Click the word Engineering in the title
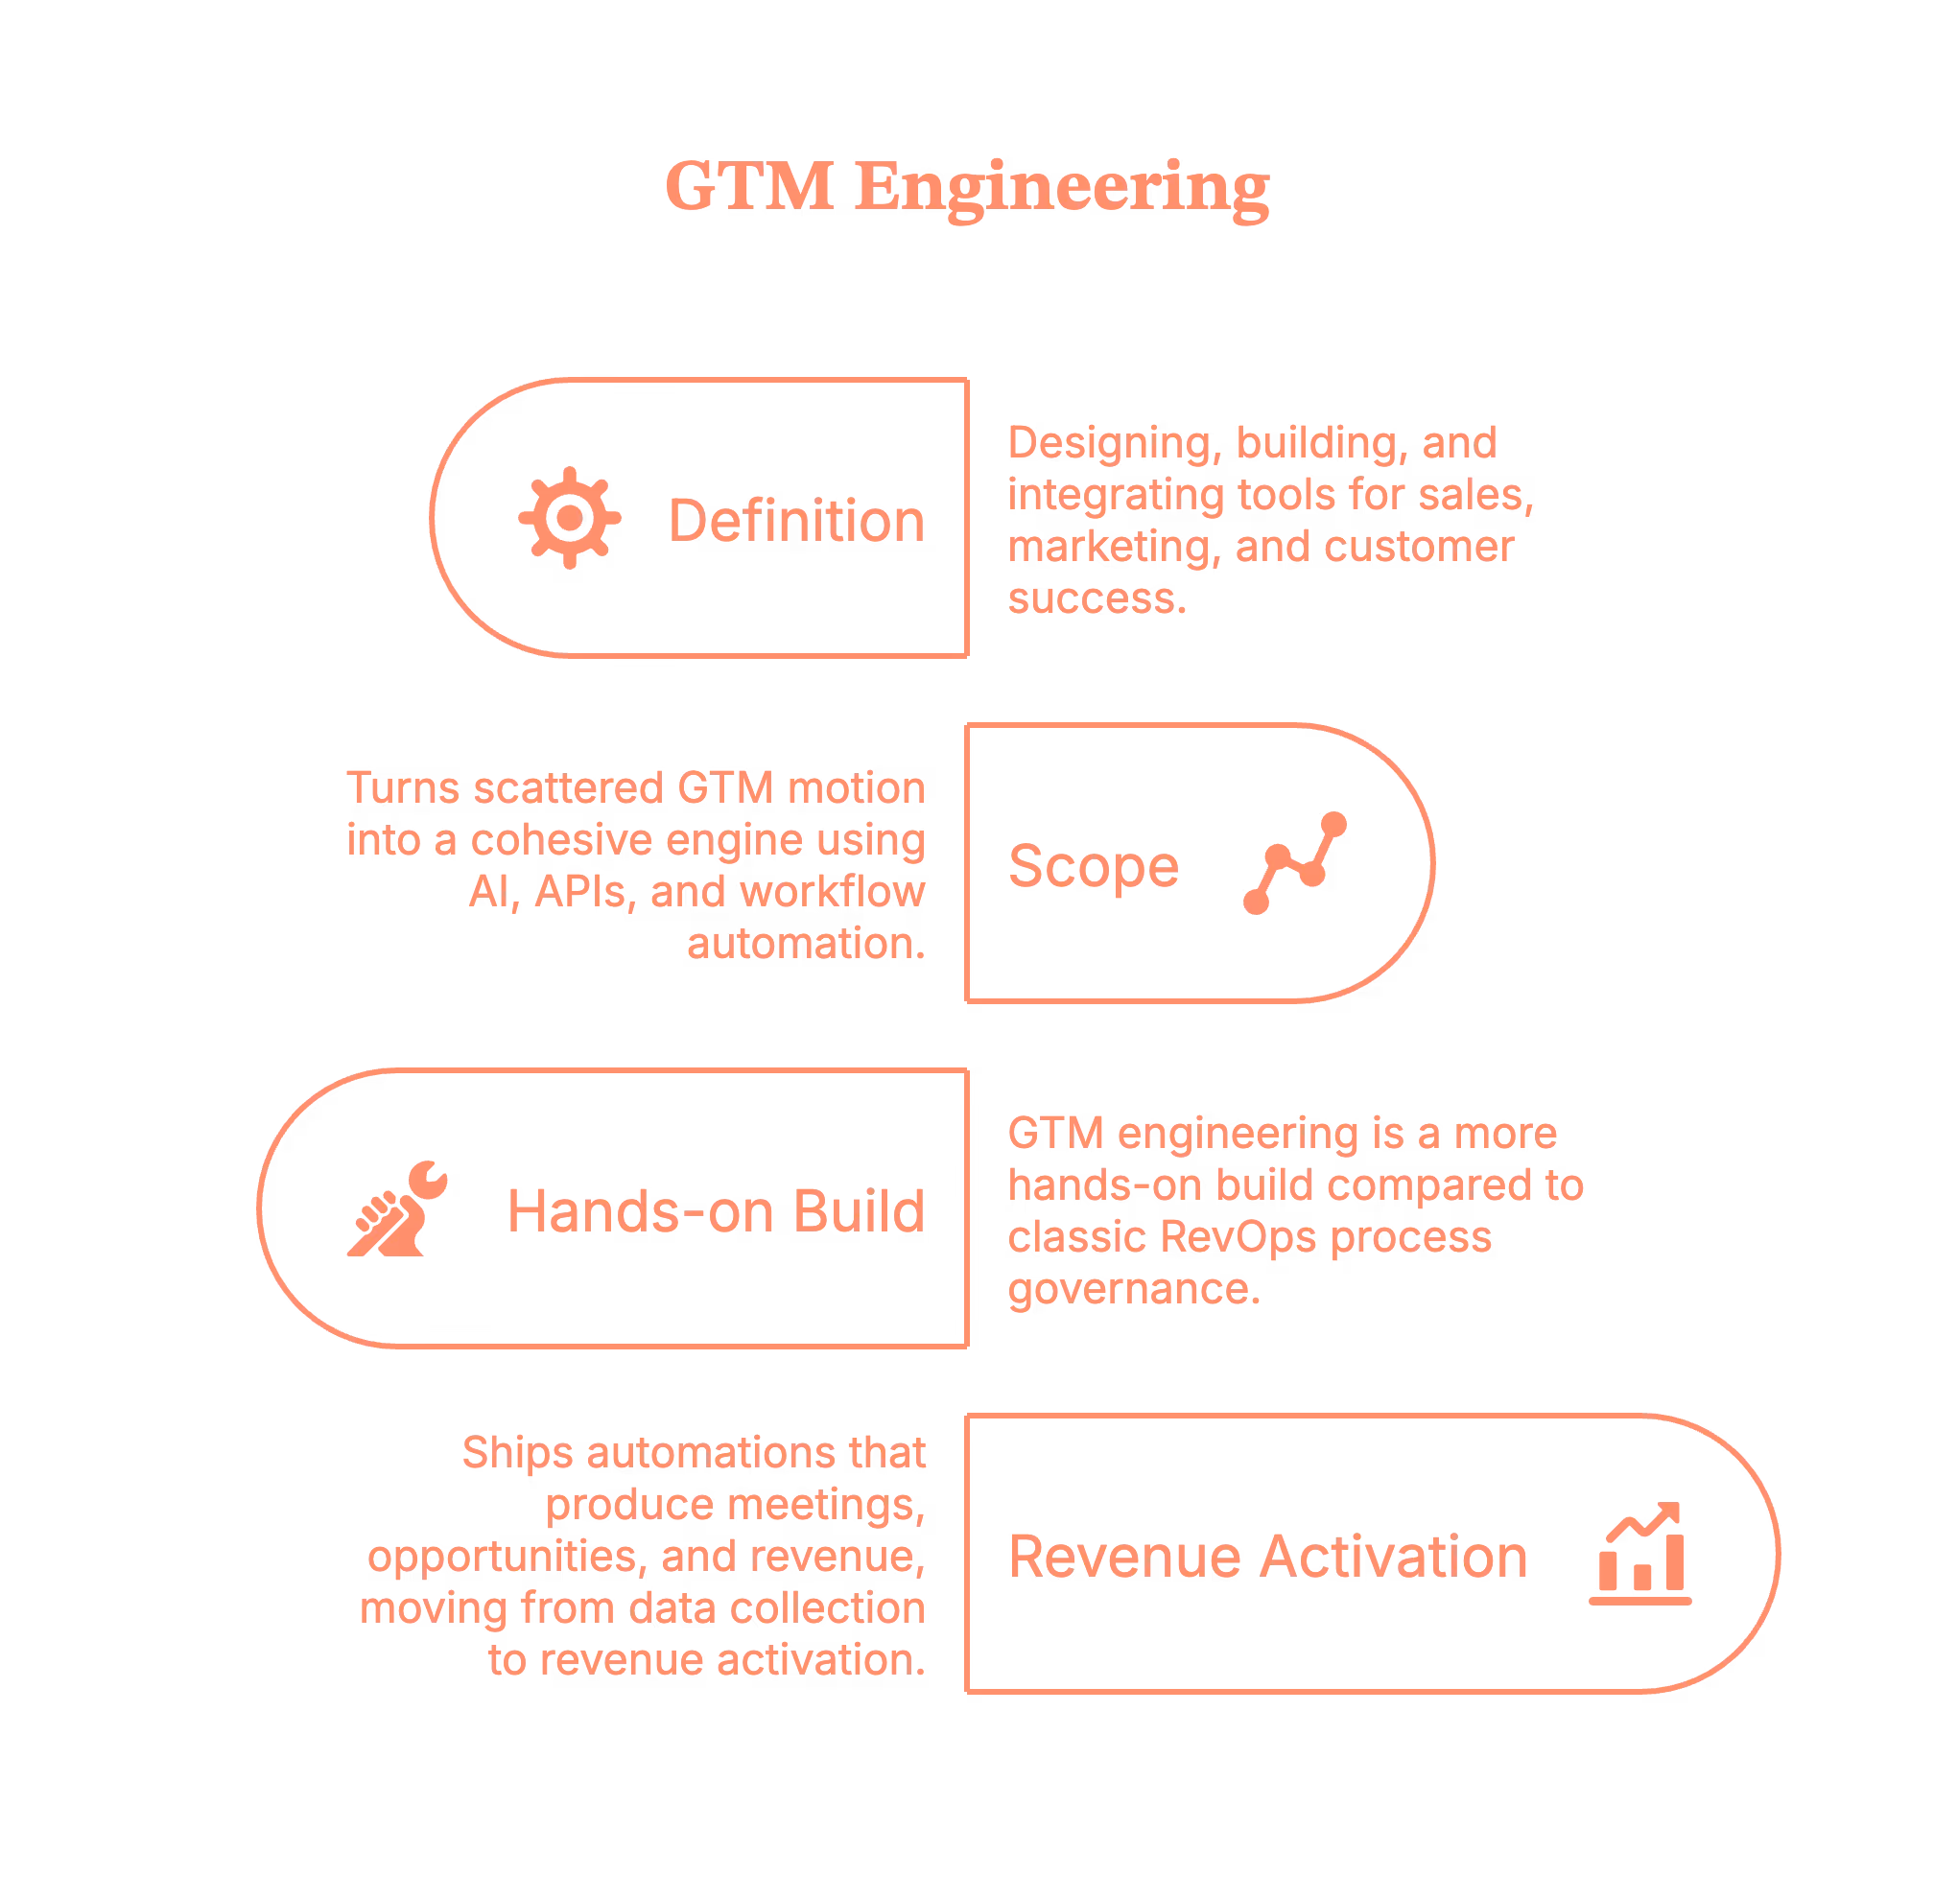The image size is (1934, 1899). point(1063,190)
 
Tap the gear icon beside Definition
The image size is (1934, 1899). point(568,517)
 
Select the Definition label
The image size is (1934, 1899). point(796,521)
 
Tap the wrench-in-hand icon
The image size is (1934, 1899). point(398,1208)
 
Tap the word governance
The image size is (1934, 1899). point(1132,1290)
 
